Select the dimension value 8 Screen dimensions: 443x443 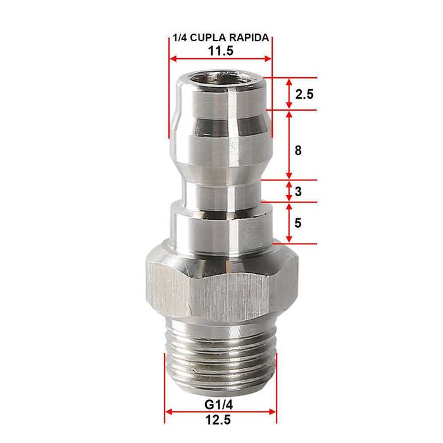[298, 151]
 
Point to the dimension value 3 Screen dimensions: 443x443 [298, 191]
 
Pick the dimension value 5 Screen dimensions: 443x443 [298, 223]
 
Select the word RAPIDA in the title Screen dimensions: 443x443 [251, 38]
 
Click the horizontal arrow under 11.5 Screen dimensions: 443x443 [220, 59]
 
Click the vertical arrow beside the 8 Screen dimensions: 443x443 [289, 146]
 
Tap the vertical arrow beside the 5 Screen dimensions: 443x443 [289, 223]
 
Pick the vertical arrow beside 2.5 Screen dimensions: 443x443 [289, 94]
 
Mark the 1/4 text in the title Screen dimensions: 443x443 [179, 38]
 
